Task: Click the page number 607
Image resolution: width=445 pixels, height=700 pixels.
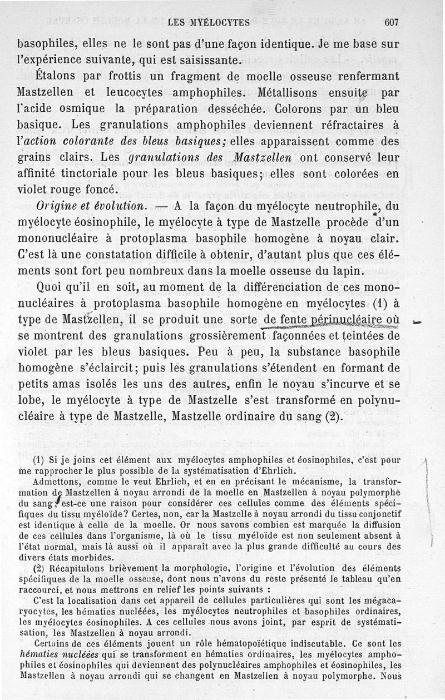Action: (392, 23)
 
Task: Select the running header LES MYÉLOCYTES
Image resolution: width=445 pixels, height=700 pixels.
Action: (209, 23)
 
